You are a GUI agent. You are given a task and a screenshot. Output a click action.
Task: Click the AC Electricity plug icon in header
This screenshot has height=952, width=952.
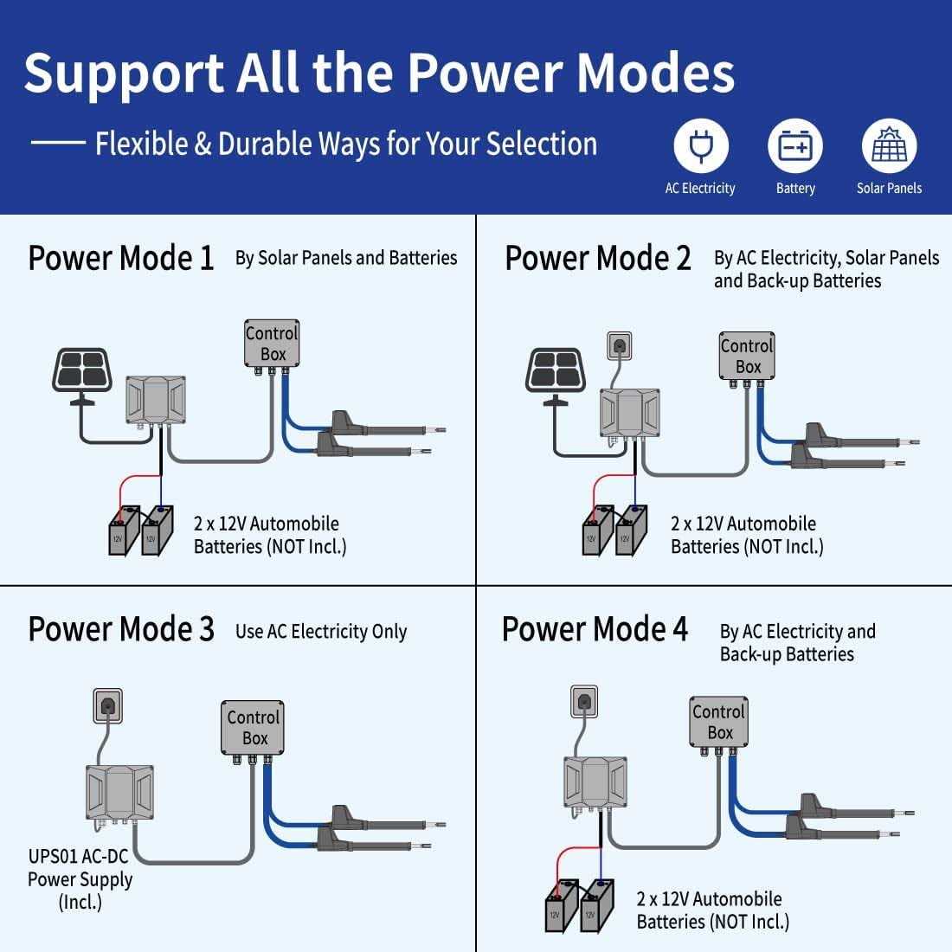tap(701, 147)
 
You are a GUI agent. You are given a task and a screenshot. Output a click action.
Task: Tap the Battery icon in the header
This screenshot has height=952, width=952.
tap(794, 147)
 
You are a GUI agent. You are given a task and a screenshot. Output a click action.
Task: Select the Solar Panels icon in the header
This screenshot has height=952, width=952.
tap(889, 147)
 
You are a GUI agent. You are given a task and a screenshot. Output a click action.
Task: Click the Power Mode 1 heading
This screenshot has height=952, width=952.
tap(121, 258)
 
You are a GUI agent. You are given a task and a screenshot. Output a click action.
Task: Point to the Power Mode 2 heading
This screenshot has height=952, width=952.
tap(598, 258)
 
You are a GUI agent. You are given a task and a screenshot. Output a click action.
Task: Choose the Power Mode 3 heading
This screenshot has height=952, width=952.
tap(121, 629)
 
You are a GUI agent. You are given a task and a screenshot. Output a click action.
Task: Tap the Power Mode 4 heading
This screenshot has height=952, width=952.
tap(595, 629)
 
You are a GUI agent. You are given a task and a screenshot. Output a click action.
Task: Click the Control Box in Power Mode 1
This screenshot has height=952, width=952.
tap(273, 344)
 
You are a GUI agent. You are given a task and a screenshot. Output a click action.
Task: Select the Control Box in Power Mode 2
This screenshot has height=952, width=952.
tap(747, 356)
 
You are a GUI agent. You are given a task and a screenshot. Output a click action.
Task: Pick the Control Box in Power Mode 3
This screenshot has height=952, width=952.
tap(254, 728)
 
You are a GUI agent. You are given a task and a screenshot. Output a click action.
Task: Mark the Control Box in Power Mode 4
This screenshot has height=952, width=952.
tap(718, 722)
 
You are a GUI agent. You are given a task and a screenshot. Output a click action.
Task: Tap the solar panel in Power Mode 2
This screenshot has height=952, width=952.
tap(556, 370)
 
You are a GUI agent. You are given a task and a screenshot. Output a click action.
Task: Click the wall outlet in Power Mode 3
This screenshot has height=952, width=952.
tap(107, 705)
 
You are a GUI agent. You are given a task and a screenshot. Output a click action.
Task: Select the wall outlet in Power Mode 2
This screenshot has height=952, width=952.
tap(620, 346)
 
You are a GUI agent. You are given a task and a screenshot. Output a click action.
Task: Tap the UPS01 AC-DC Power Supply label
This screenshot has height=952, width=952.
tap(80, 879)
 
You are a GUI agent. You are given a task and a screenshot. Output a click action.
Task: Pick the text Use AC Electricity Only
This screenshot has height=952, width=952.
tap(320, 632)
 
